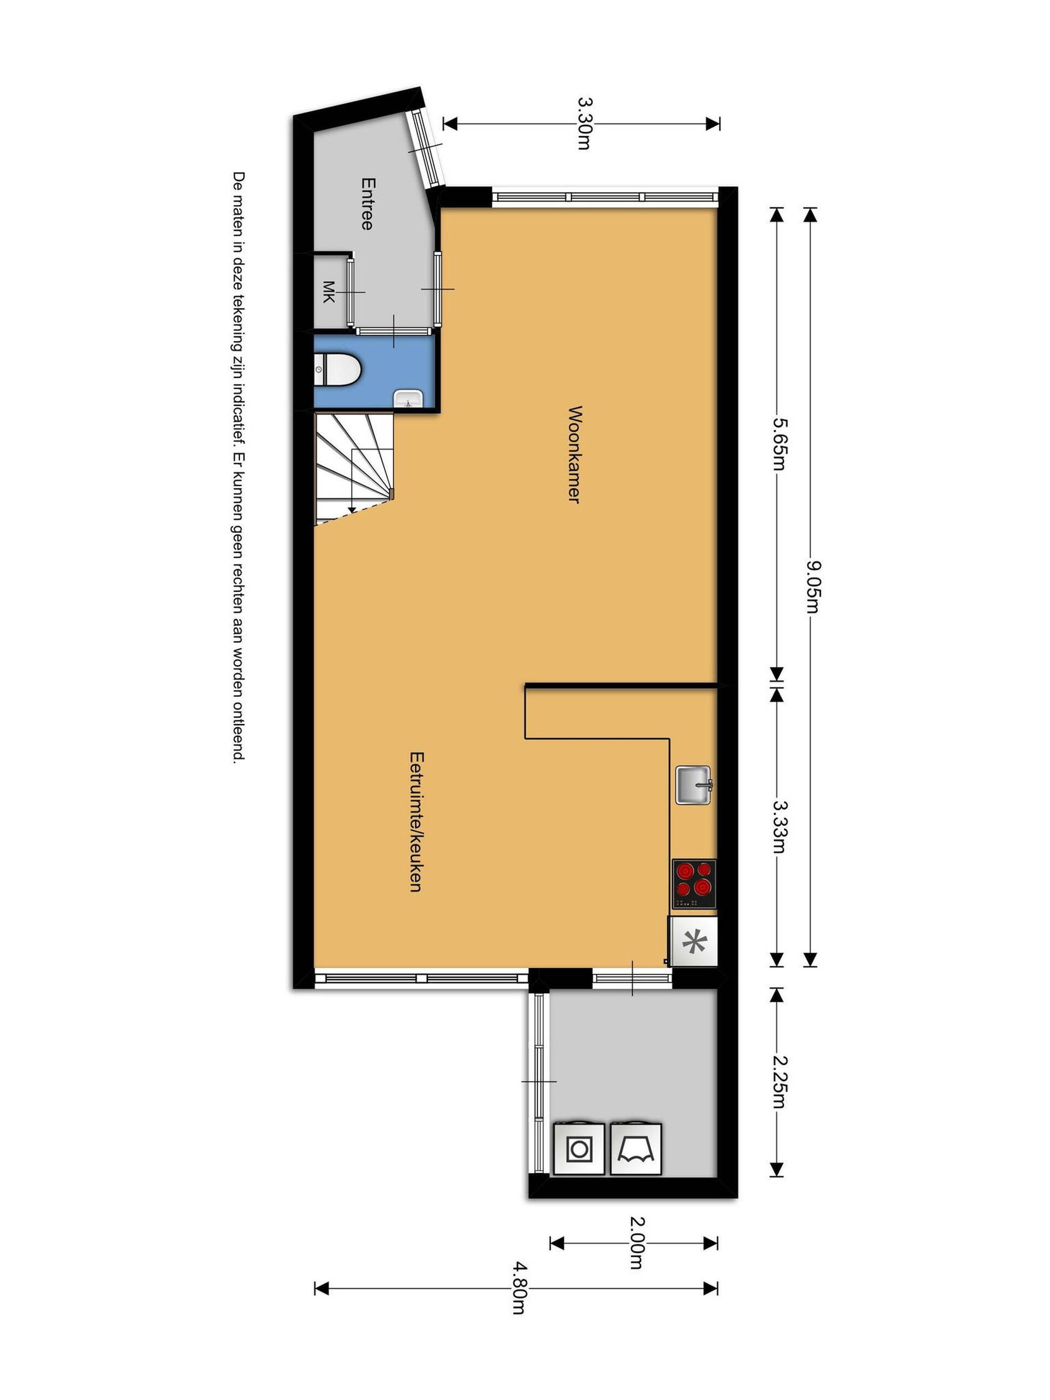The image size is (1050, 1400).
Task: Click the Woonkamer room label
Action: [x=574, y=454]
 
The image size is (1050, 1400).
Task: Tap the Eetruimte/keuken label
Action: [x=416, y=821]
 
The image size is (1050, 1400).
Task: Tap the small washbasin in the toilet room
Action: [x=408, y=399]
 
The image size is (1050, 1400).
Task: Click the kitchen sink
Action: [x=693, y=785]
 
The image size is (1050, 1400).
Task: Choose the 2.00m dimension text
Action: [x=636, y=1243]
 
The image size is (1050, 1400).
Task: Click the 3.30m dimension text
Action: [x=584, y=123]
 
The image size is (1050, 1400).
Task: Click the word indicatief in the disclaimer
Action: [x=238, y=405]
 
